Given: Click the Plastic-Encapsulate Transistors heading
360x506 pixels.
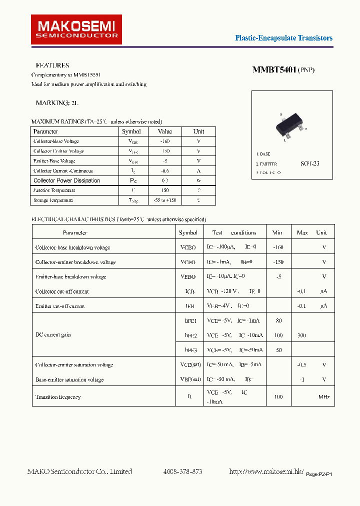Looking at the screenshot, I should (x=283, y=38).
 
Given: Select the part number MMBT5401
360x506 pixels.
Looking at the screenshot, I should (x=274, y=70).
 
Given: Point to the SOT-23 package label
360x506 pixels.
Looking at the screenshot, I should (x=309, y=163).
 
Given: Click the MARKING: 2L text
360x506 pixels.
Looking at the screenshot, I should (x=57, y=102).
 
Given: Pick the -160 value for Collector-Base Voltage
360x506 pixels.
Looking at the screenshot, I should (x=164, y=141).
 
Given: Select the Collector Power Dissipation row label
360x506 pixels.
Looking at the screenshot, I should (x=66, y=180).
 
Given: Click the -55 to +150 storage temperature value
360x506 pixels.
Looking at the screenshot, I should (x=164, y=200).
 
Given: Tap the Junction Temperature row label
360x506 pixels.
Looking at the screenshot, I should (x=54, y=190).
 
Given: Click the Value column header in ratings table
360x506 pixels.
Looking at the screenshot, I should (x=164, y=131).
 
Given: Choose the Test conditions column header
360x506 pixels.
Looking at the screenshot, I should (x=234, y=232).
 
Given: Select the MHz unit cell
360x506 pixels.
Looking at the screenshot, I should (x=324, y=397).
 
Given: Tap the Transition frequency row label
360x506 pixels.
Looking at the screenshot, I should (x=58, y=397).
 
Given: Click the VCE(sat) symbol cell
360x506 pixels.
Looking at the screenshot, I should (x=190, y=365).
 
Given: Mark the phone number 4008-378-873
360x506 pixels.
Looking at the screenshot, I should (x=183, y=471).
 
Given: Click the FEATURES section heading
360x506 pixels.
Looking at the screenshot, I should (x=52, y=65).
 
